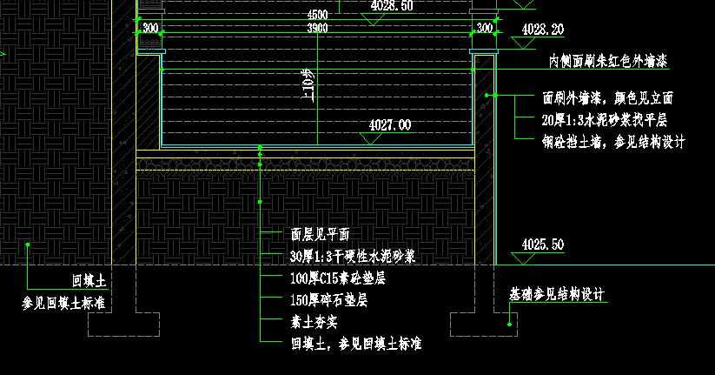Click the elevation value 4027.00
pos(390,125)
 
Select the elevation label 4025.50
pos(543,244)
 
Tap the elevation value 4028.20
pos(543,30)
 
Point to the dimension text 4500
pos(318,16)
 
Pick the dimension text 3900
pos(318,29)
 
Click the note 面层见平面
pos(320,234)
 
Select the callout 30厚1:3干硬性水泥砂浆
pos(353,257)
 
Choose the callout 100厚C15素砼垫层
pos(337,278)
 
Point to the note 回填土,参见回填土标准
pos(355,344)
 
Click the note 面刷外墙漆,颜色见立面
pos(607,99)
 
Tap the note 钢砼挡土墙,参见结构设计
pos(613,142)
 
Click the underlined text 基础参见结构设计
pos(556,295)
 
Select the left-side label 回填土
pos(89,281)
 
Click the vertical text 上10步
pos(306,85)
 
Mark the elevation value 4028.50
pos(392,5)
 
